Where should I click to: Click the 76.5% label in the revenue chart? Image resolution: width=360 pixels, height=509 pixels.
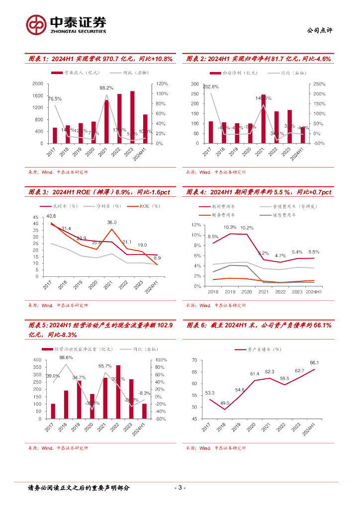pos(55,99)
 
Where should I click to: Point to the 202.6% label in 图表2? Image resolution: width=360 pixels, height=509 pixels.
pos(210,87)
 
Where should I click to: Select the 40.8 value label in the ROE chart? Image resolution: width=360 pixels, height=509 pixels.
pos(51,216)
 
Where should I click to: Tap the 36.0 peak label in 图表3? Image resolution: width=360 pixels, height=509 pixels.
pos(112,222)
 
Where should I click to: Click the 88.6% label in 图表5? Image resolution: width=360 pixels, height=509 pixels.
pos(66,357)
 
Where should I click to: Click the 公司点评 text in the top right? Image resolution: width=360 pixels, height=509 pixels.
pos(320,30)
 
